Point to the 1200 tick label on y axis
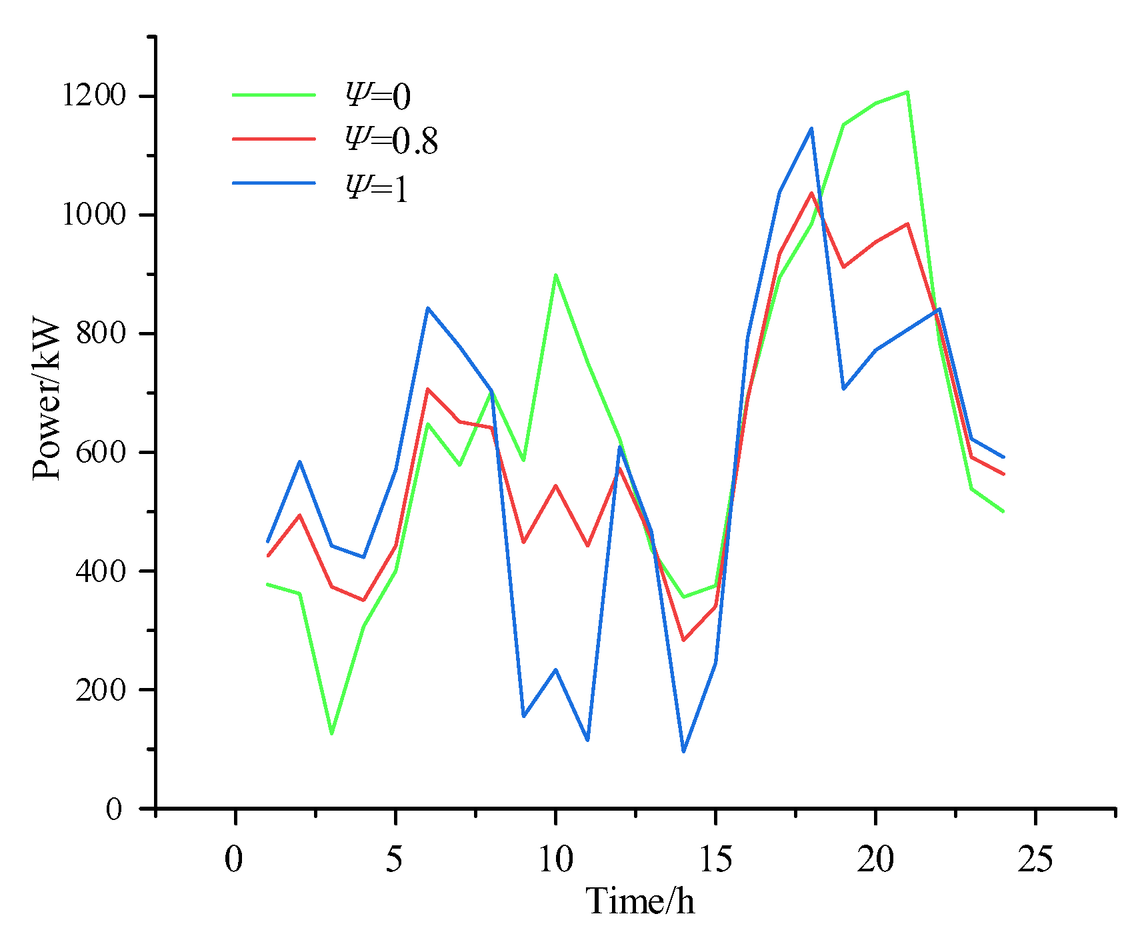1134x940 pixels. [x=93, y=96]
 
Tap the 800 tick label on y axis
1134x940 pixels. [x=101, y=333]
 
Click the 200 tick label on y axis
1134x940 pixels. [x=101, y=690]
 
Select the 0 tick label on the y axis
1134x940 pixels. [x=115, y=809]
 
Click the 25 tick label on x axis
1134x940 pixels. [x=1035, y=859]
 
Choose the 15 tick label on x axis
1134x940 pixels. [x=715, y=859]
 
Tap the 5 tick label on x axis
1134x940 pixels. [x=395, y=859]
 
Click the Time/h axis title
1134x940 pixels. [x=640, y=901]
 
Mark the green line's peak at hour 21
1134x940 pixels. [x=907, y=92]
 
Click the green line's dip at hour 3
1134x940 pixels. [x=331, y=734]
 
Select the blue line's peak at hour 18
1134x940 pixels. [x=811, y=128]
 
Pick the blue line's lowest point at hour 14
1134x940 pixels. [x=683, y=751]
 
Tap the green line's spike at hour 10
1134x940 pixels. [x=555, y=275]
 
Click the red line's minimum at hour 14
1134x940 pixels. [x=683, y=640]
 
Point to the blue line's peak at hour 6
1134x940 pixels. [x=427, y=308]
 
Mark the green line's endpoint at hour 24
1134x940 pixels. [x=1003, y=511]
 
